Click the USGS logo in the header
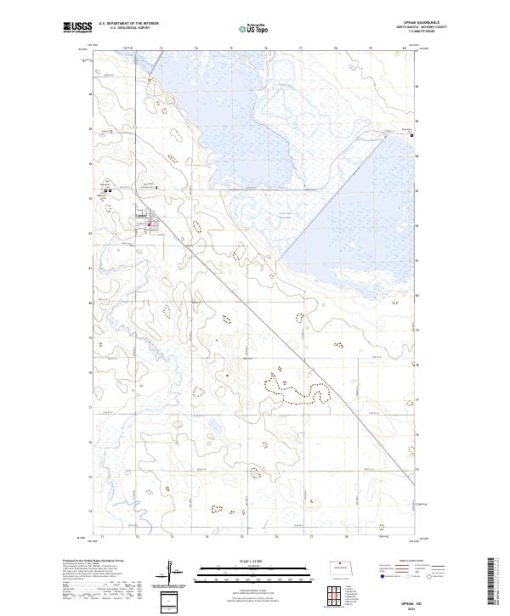point(77,28)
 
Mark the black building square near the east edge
point(413,135)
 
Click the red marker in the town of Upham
point(149,224)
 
